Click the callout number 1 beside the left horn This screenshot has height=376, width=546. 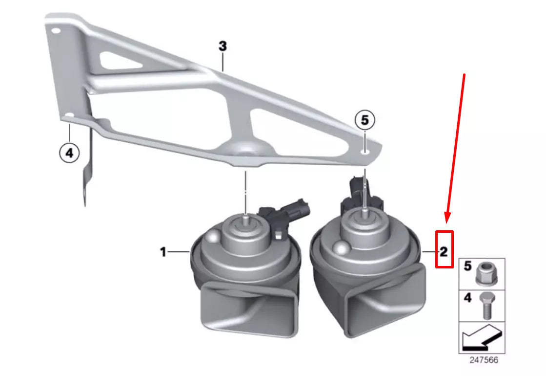[163, 252]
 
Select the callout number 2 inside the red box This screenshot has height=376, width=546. [443, 252]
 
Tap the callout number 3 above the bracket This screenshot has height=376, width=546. [222, 46]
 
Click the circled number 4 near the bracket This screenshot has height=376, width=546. [69, 153]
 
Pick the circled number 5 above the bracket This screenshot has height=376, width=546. [365, 119]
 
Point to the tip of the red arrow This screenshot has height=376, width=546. [446, 221]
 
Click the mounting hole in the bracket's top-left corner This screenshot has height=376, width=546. [55, 30]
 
